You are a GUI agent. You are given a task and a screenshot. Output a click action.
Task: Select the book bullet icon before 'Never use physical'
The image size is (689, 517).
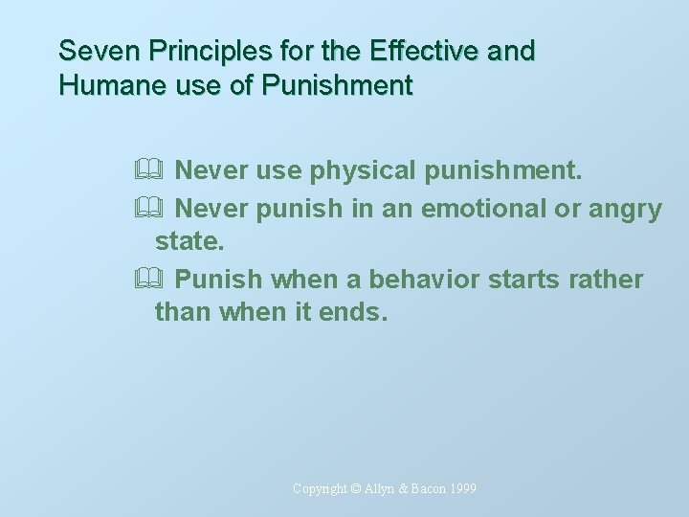[x=159, y=171]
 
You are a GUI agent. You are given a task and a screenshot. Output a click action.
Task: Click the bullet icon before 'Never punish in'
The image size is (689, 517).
[x=159, y=208]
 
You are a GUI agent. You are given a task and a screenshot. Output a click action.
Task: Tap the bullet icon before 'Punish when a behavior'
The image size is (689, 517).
[x=159, y=280]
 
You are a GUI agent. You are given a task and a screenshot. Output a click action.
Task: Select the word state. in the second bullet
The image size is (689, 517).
[x=189, y=243]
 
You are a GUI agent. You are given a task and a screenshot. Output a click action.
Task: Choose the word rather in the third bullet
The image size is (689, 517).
[x=612, y=280]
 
